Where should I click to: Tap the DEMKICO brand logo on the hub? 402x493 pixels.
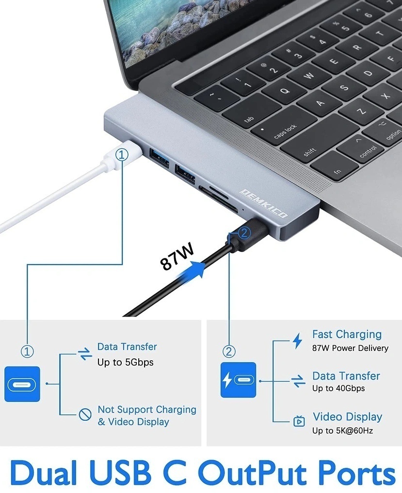click(264, 203)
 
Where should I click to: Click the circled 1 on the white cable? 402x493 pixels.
click(122, 155)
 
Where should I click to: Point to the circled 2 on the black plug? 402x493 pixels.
click(243, 233)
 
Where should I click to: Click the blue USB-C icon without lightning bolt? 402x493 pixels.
click(22, 384)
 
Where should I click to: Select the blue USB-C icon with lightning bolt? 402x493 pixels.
click(238, 380)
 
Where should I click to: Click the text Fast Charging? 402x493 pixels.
click(347, 334)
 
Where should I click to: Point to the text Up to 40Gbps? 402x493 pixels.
click(338, 388)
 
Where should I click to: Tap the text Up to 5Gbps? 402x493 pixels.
click(125, 362)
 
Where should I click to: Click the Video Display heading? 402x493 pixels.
click(347, 417)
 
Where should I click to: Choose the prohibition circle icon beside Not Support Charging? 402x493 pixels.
click(85, 414)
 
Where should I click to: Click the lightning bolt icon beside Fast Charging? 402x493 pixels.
click(297, 341)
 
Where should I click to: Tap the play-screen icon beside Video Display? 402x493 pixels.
click(299, 421)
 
